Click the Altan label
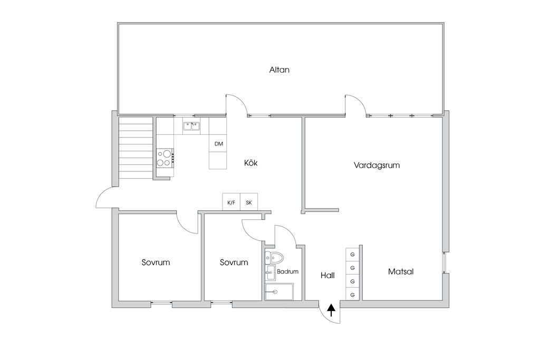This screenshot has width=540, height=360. (x=279, y=70)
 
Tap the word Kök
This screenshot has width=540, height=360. (x=250, y=163)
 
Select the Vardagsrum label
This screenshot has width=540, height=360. (x=377, y=165)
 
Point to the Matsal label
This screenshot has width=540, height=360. (x=401, y=271)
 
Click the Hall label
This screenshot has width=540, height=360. (x=327, y=275)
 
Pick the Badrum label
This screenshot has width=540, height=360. (x=287, y=271)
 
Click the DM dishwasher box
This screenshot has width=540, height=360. (x=218, y=143)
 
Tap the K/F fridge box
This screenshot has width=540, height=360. (x=232, y=202)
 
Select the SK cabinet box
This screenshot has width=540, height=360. (x=249, y=202)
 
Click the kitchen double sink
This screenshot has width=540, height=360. (x=192, y=127)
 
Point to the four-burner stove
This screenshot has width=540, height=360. (x=165, y=158)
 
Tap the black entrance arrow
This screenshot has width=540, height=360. (x=331, y=310)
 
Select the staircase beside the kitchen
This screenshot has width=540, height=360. (x=136, y=148)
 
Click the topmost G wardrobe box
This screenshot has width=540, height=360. (x=352, y=255)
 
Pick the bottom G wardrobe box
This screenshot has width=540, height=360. (x=352, y=295)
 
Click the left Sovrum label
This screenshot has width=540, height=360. (x=156, y=262)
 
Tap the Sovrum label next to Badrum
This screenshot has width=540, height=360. (x=234, y=262)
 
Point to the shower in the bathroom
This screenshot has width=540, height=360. (x=279, y=292)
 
